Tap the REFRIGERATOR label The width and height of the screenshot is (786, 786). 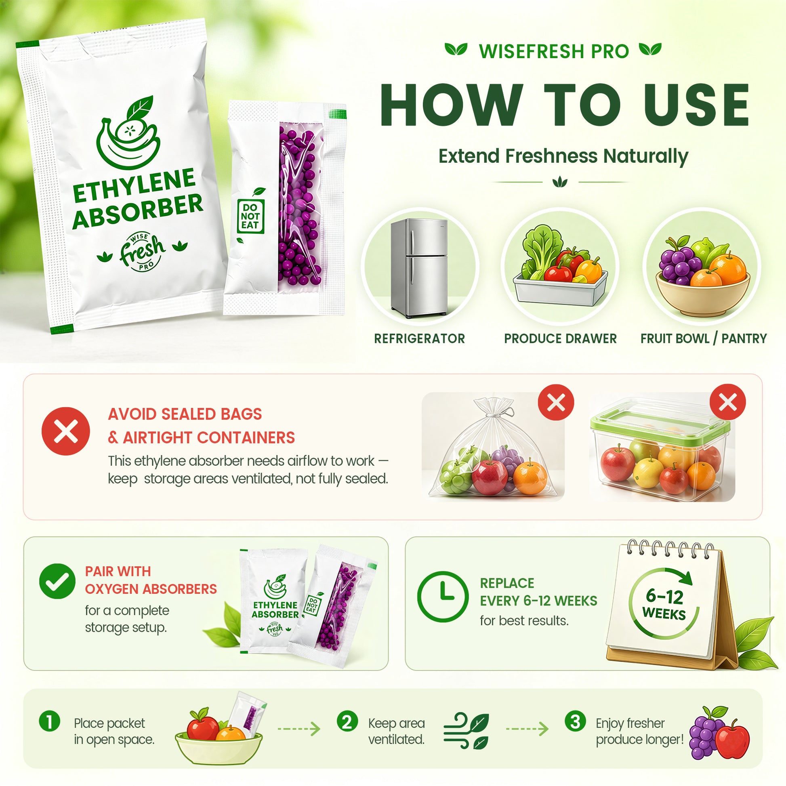click(x=419, y=338)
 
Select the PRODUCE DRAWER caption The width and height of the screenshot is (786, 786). click(x=560, y=338)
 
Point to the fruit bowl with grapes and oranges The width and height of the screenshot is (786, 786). click(x=703, y=276)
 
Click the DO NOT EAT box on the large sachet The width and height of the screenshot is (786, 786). click(x=250, y=216)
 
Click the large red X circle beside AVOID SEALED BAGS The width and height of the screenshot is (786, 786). click(x=65, y=431)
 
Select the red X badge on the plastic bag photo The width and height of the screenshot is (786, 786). click(x=556, y=402)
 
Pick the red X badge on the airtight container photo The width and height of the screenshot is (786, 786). click(x=727, y=402)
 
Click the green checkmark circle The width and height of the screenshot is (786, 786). click(x=57, y=581)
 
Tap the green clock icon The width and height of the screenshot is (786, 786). click(x=443, y=597)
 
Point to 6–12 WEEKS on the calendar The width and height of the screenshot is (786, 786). click(x=664, y=605)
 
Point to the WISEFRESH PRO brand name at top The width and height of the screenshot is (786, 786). click(x=554, y=52)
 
